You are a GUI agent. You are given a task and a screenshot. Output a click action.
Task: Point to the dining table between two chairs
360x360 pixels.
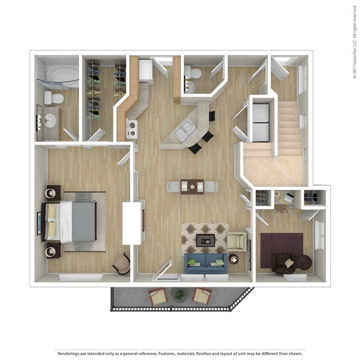tap(192, 186)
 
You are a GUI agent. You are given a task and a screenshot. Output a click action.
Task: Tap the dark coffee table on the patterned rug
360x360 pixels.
tap(205, 241)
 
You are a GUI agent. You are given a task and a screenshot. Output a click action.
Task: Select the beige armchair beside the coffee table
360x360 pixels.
tap(235, 241)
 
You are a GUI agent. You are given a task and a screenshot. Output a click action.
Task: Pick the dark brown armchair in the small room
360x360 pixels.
tap(283, 262)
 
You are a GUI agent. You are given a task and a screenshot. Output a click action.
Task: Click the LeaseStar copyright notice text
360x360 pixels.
tap(354, 42)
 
